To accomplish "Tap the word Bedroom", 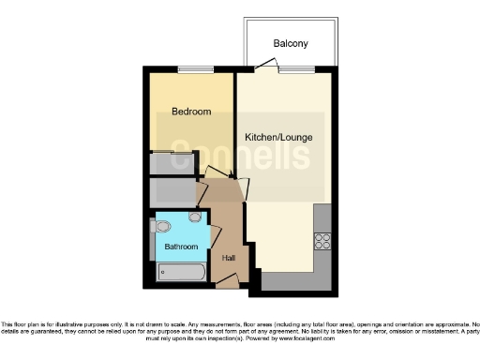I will click(x=190, y=112).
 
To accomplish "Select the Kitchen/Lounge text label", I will click(x=278, y=138).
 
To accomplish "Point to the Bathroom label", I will click(x=181, y=247).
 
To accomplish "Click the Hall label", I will click(x=228, y=257).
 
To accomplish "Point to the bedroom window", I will click(x=191, y=70).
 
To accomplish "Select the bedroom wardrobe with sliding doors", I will click(x=172, y=161).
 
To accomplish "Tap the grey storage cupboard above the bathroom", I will click(x=172, y=193).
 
